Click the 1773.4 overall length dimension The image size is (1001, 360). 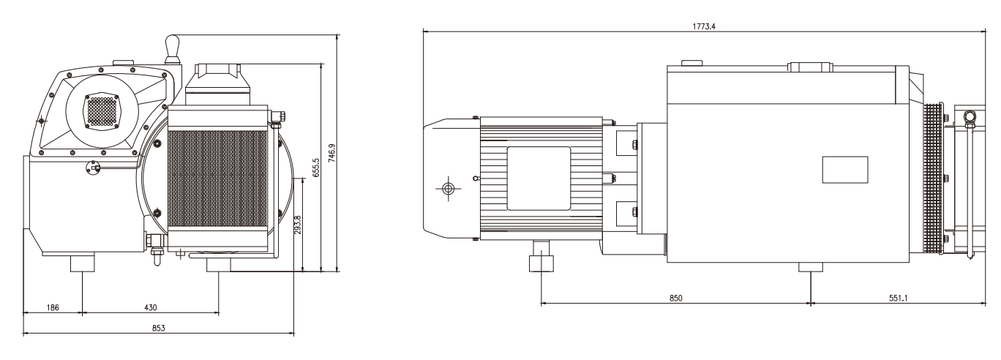tap(704, 26)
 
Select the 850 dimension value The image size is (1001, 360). tap(675, 298)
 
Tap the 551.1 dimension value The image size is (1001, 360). tap(898, 298)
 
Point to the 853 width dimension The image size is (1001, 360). tap(158, 328)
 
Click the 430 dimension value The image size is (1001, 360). tap(151, 307)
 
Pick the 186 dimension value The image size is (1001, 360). tap(52, 307)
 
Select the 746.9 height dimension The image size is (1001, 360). tap(332, 153)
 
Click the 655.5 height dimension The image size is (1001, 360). tap(316, 168)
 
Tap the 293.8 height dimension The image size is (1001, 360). tap(298, 225)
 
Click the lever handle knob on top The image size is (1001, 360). tap(173, 45)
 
